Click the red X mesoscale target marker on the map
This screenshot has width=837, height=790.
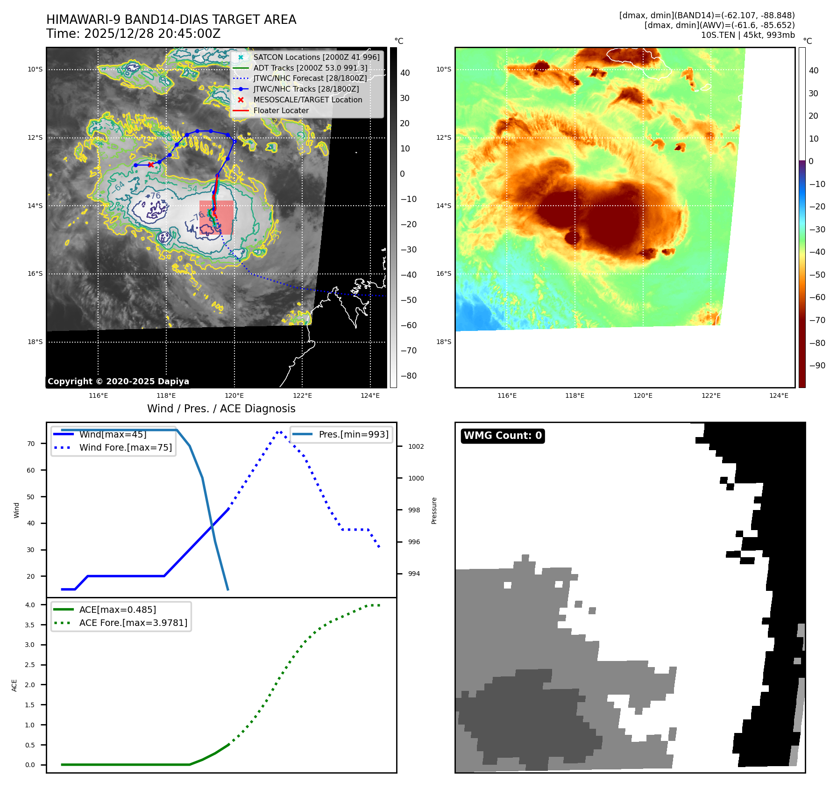point(150,165)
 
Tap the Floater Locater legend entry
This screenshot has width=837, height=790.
point(281,110)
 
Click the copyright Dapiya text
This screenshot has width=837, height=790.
point(118,381)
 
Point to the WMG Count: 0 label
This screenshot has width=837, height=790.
point(503,436)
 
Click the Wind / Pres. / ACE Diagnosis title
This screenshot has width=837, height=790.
point(221,409)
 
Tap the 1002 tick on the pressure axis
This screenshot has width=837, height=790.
point(416,446)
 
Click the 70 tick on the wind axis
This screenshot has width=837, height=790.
point(31,444)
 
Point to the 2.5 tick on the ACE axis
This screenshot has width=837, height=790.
point(30,665)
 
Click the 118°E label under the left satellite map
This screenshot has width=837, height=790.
point(166,395)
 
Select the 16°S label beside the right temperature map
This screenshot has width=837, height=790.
point(444,273)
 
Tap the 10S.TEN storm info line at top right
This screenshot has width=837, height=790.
point(747,35)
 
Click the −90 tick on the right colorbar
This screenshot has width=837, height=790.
point(817,366)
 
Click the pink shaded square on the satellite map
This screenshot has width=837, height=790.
point(216,217)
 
